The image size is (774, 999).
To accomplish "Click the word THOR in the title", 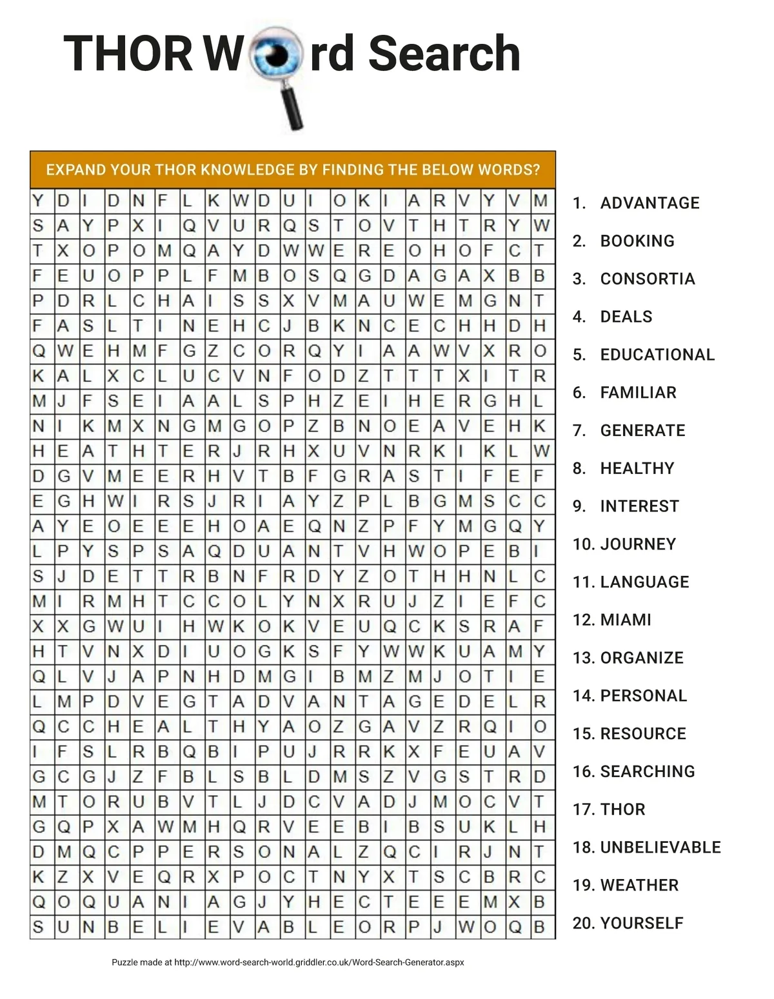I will [x=128, y=53].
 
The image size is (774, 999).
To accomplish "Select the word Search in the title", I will [x=444, y=53].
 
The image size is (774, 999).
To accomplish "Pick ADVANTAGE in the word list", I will [x=650, y=203].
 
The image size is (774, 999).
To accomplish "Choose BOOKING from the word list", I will [x=637, y=241].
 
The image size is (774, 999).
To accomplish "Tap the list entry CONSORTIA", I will [x=648, y=279].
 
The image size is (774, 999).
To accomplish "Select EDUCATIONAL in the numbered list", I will [x=657, y=355].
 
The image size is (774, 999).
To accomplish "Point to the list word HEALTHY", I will [x=637, y=468].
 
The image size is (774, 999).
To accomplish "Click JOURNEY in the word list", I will [x=638, y=544].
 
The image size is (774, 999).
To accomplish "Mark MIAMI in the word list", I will [x=626, y=620].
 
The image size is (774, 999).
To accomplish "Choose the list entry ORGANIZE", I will [x=642, y=658].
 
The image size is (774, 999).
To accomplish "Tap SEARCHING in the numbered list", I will [x=648, y=771].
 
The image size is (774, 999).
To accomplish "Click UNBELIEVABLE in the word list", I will [x=660, y=847].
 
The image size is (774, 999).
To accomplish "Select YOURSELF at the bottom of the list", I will [x=642, y=923].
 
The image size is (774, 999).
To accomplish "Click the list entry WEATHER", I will [x=639, y=885].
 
